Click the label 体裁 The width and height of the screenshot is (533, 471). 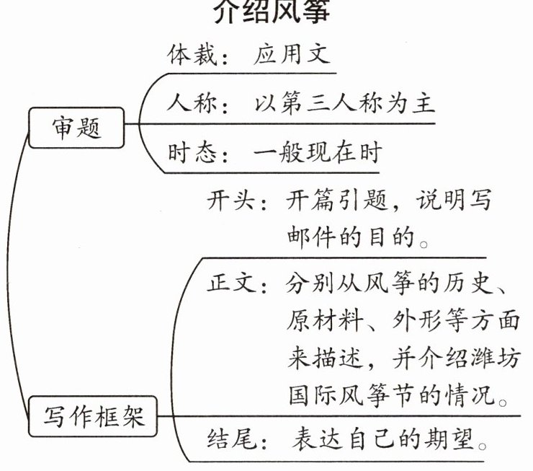190,56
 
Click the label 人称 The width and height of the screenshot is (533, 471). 190,104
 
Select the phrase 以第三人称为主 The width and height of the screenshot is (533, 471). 344,104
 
